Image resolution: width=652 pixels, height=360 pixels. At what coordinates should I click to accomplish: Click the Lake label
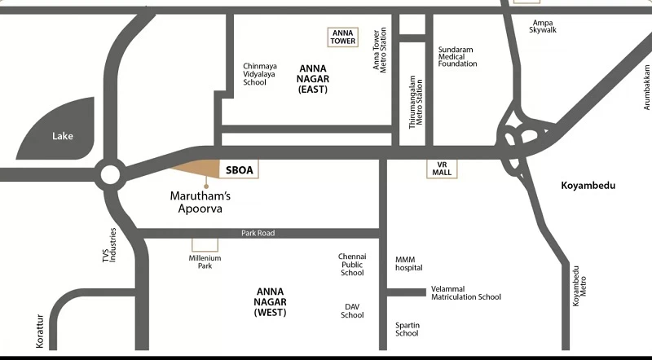63,136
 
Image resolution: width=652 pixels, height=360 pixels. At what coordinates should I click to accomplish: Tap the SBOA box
239,169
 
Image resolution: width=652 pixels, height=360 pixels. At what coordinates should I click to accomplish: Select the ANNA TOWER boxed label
342,37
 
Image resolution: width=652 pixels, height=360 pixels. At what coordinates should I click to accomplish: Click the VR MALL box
442,169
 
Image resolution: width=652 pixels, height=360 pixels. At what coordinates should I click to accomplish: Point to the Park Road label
258,233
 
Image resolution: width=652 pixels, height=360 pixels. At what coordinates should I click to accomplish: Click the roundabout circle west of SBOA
110,174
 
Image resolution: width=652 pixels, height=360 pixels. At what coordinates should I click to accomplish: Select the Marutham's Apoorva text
200,202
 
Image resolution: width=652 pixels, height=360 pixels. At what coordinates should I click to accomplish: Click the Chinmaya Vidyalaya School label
260,74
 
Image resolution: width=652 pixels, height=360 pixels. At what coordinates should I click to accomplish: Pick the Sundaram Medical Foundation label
457,56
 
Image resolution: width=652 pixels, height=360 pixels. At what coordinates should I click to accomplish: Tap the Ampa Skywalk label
543,26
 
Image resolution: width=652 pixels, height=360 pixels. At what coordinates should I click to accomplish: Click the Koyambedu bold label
588,186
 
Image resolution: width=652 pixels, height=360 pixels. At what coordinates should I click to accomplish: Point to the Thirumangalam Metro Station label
416,102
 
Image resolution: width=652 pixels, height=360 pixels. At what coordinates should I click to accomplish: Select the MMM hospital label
409,264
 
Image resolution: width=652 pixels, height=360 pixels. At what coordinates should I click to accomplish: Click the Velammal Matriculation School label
465,292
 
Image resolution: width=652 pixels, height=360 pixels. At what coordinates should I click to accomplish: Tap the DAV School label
352,311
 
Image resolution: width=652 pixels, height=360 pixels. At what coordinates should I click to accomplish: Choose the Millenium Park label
205,262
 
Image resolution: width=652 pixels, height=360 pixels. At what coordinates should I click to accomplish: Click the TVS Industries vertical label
109,245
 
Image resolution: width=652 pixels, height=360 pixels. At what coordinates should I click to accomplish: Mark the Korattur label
39,331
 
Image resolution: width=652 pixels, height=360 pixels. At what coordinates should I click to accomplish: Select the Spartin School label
407,329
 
